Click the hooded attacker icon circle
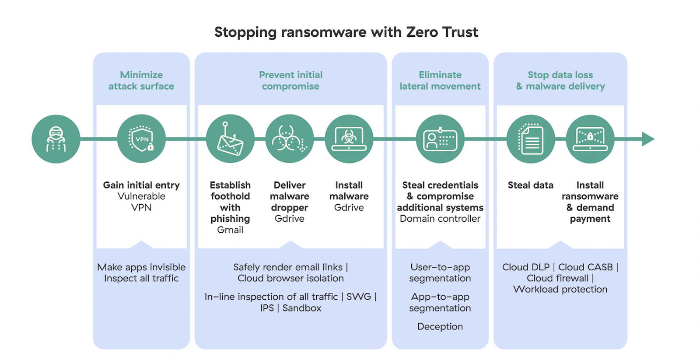click(56, 139)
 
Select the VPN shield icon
click(141, 139)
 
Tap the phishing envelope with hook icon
click(230, 139)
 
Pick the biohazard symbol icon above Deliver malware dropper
click(289, 139)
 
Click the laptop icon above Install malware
click(349, 139)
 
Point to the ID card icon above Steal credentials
click(440, 139)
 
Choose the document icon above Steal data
click(531, 139)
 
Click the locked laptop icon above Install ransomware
click(590, 139)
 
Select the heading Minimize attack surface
click(141, 80)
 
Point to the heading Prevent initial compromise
click(290, 80)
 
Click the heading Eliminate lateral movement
click(440, 80)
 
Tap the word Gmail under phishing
click(230, 230)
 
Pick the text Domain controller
click(440, 219)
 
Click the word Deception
click(440, 327)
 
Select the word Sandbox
click(302, 308)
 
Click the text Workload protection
click(560, 290)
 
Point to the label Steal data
click(530, 185)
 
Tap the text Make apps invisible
click(141, 267)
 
